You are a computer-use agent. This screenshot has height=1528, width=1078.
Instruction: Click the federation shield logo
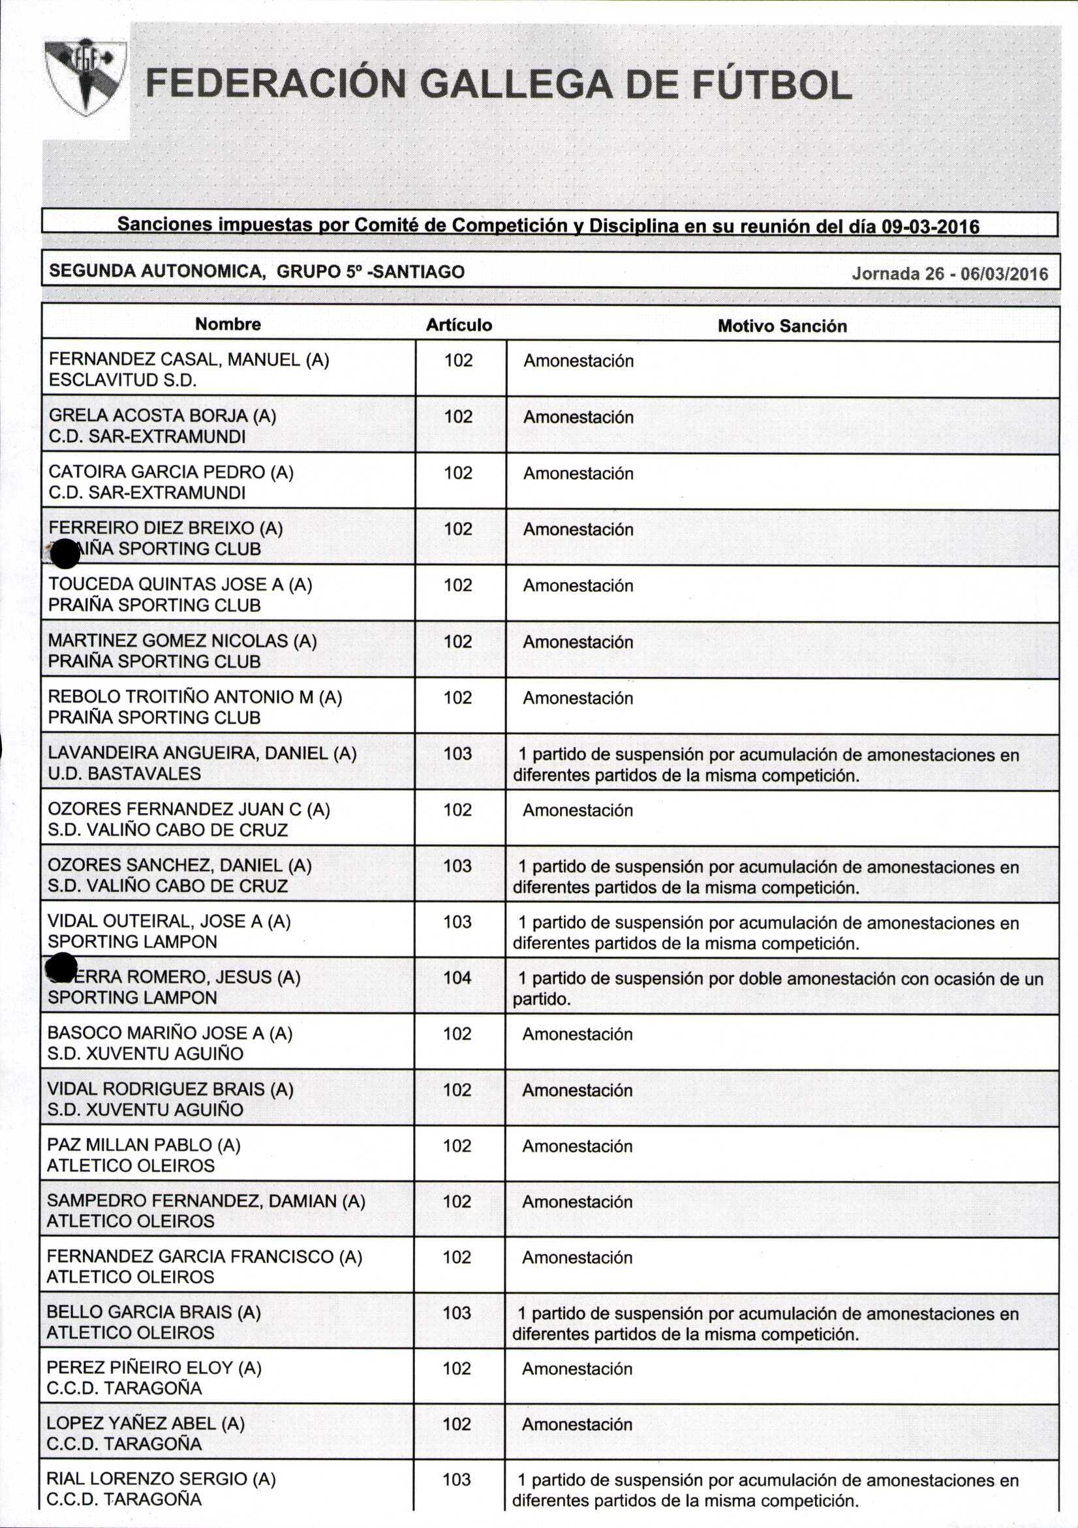tap(85, 76)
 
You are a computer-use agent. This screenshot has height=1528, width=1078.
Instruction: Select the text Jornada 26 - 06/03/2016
tap(949, 274)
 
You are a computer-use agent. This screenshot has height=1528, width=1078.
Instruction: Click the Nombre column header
tap(228, 324)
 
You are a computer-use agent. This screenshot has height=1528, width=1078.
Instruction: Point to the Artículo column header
tap(459, 325)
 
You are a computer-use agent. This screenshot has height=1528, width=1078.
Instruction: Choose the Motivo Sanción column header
tap(782, 326)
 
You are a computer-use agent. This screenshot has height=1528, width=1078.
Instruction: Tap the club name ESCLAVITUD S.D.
tap(123, 380)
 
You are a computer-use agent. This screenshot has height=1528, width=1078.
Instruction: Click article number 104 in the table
tap(457, 977)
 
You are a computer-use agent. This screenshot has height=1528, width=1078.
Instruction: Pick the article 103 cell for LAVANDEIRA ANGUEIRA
tap(458, 754)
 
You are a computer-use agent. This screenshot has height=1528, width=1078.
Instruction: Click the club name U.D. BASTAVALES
tap(124, 773)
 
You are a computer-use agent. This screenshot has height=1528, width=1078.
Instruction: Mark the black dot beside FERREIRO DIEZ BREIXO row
tap(65, 554)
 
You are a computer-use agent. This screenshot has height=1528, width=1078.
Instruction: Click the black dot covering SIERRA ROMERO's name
tap(63, 967)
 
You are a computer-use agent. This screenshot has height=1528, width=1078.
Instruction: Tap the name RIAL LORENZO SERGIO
tap(161, 1479)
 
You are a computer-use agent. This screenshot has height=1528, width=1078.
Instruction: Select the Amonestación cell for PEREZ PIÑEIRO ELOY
tap(577, 1369)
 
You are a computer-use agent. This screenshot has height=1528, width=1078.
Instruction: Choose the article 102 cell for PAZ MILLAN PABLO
tap(457, 1145)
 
